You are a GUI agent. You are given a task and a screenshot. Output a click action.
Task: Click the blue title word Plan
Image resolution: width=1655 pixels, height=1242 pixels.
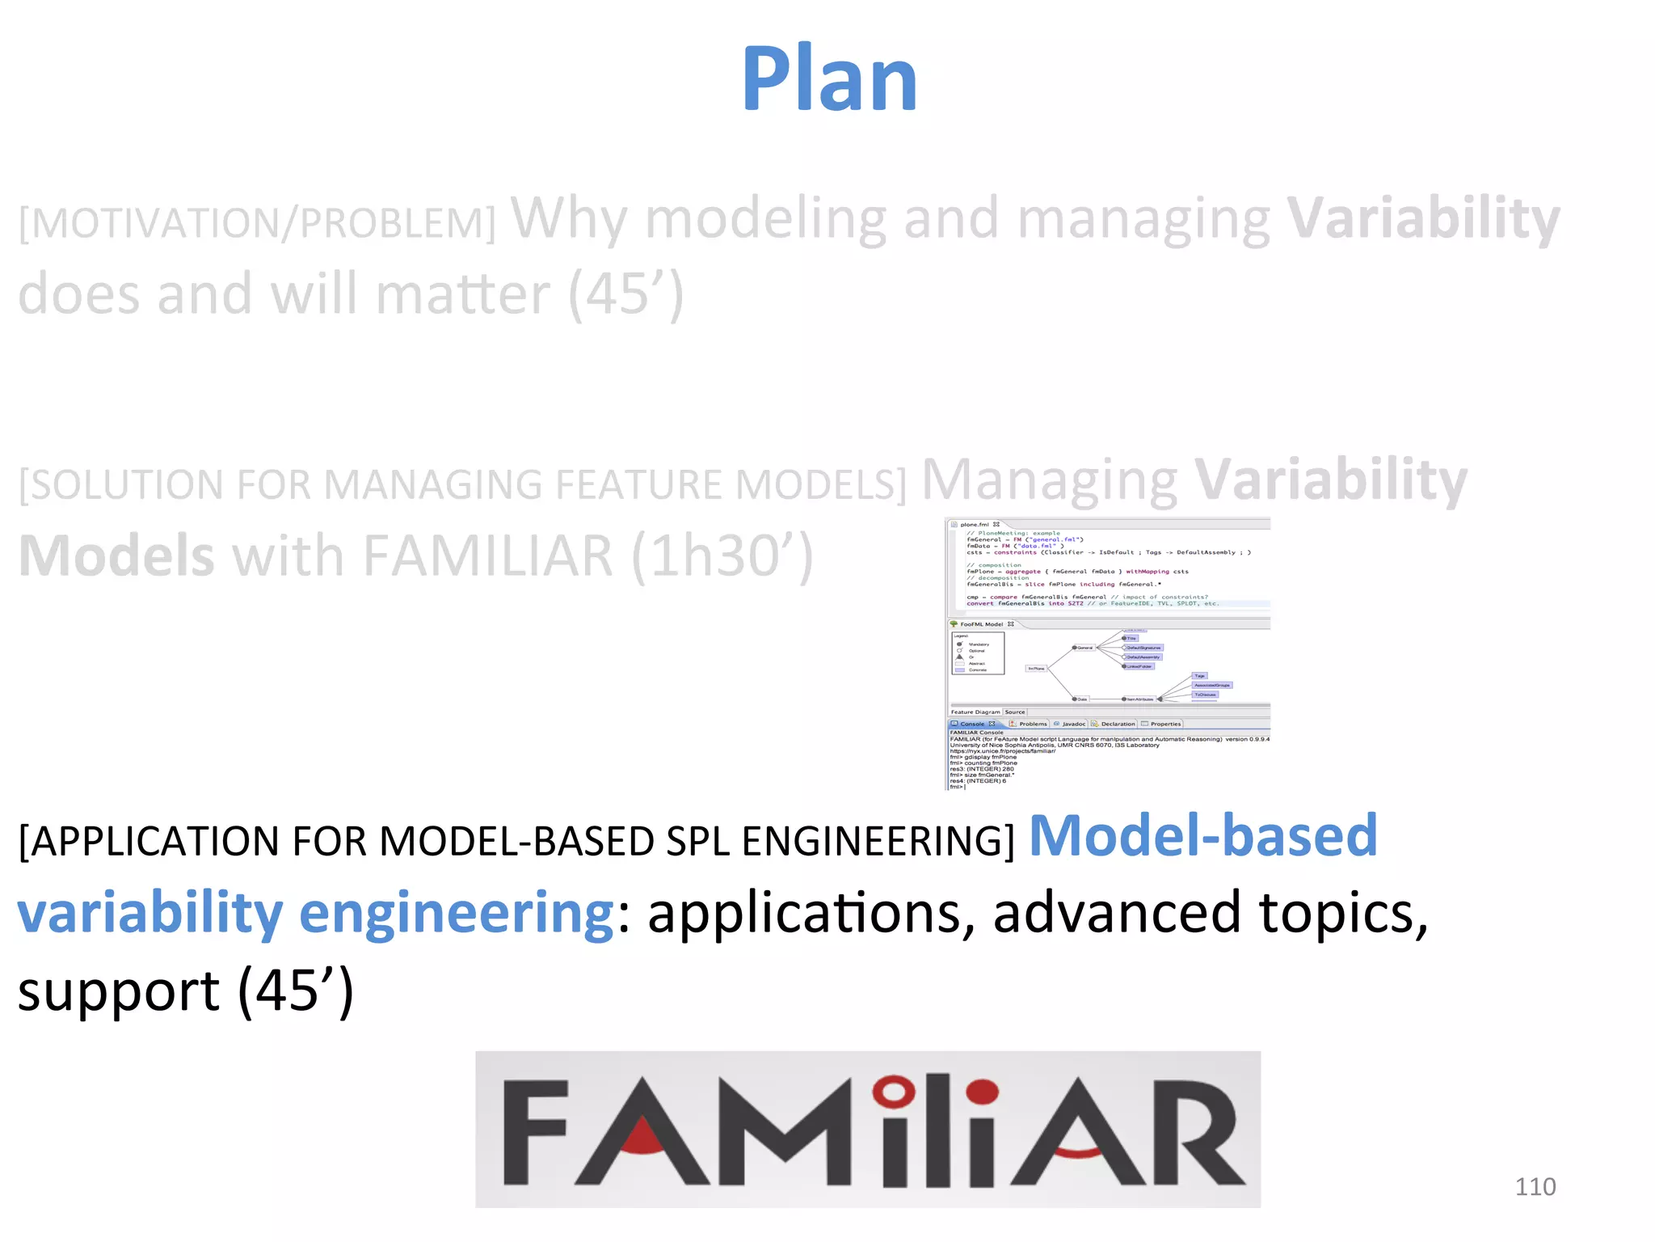point(829,79)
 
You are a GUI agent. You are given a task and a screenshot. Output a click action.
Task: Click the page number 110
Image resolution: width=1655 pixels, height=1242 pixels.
point(1535,1187)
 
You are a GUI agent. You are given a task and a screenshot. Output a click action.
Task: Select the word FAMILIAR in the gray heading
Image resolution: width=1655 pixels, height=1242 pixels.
point(488,556)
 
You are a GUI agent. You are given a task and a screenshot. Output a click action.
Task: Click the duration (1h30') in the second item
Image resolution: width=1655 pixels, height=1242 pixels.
point(722,556)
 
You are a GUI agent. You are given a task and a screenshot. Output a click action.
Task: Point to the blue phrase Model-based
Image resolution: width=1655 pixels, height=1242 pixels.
point(1202,835)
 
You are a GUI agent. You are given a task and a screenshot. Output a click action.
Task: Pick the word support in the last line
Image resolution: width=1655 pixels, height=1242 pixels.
point(118,991)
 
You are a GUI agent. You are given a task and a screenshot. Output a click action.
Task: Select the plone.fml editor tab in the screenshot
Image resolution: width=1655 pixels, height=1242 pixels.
point(975,525)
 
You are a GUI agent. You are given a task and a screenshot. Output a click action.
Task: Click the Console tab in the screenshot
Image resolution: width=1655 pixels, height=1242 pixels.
point(972,724)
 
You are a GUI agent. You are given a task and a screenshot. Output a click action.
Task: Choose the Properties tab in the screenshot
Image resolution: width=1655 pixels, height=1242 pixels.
point(1164,724)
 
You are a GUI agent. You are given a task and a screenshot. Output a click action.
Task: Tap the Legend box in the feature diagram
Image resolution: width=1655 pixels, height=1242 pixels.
point(978,653)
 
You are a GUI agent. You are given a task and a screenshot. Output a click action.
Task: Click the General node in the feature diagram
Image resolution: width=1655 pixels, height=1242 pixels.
point(1084,648)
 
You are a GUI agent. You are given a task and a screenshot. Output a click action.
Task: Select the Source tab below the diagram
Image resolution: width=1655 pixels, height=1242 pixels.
point(1015,712)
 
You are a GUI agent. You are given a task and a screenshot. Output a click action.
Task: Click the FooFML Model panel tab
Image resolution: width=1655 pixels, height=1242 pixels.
point(981,624)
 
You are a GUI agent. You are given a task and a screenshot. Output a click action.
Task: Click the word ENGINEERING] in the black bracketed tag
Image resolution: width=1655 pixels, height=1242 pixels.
point(878,842)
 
